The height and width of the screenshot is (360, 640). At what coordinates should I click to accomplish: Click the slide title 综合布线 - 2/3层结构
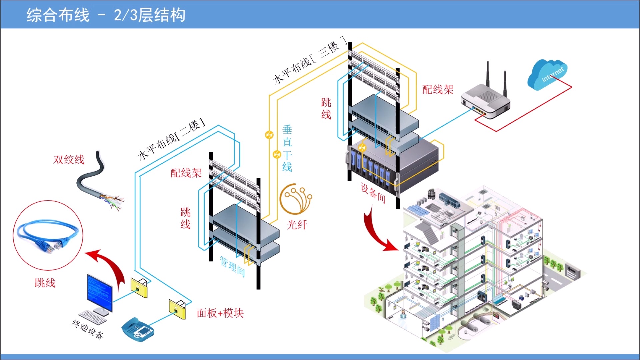coord(106,15)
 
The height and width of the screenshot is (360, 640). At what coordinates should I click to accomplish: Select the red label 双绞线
coord(69,159)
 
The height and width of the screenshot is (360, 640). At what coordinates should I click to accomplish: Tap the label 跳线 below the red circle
coord(45,283)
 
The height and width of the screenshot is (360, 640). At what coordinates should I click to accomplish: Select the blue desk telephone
coord(138,329)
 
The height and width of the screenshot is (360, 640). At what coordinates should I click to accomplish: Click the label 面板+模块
coord(220,313)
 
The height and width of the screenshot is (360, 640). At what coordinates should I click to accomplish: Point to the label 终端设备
coord(87,329)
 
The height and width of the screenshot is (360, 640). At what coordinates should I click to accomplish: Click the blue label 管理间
coord(233,266)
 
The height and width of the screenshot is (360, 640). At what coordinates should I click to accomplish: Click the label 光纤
coord(297,225)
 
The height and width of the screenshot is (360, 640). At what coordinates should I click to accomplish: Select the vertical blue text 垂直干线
coord(287,148)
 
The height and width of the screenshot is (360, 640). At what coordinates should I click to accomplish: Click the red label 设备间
coord(373,193)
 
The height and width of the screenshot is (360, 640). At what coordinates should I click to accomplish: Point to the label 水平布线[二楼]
coord(171,139)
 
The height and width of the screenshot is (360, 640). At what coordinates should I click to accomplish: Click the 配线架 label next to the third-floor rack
coord(438,89)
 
